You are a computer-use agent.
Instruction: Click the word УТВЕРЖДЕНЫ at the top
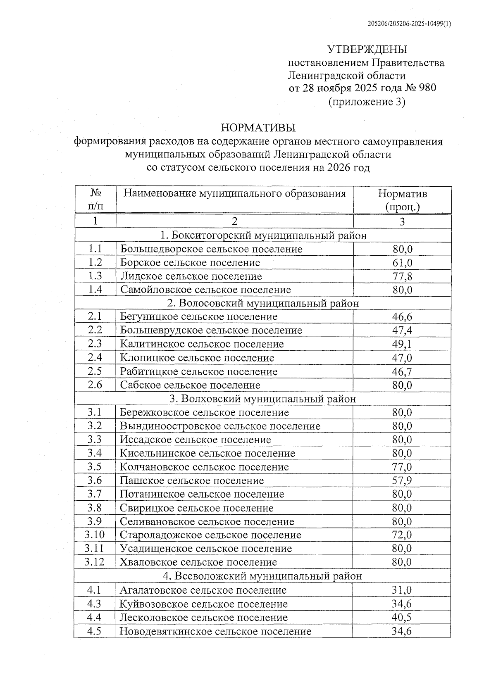[367, 50]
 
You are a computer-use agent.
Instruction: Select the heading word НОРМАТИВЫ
[258, 127]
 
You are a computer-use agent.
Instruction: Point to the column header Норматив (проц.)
[402, 200]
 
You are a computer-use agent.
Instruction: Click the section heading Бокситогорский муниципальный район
[263, 235]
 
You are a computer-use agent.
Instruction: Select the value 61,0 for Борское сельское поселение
[402, 263]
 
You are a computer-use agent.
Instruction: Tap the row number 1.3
[95, 276]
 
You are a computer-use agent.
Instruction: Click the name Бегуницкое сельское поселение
[198, 317]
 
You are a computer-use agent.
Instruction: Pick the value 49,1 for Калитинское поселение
[402, 344]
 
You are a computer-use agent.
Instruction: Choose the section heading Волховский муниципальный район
[262, 399]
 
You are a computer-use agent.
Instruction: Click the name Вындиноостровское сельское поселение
[220, 426]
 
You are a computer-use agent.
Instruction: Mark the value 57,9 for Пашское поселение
[402, 480]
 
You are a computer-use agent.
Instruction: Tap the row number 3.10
[95, 535]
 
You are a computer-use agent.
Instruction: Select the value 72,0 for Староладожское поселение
[402, 535]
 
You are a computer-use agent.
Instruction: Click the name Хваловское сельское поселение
[198, 562]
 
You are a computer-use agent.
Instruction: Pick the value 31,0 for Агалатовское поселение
[402, 590]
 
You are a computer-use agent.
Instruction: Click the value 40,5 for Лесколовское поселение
[402, 618]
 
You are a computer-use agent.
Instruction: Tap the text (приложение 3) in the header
[367, 102]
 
